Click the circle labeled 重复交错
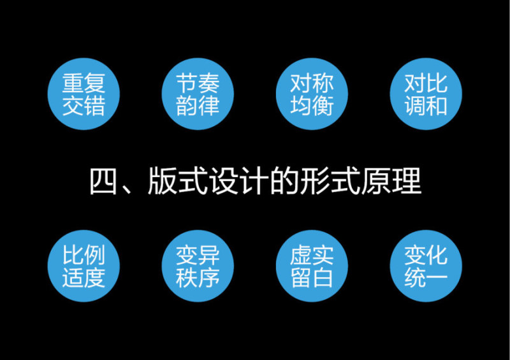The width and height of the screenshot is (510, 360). (x=84, y=94)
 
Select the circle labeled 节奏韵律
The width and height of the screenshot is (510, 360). (x=198, y=94)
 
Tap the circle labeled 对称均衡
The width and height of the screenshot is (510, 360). (x=312, y=94)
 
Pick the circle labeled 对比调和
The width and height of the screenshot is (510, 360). (x=426, y=94)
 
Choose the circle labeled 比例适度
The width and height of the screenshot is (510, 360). (x=84, y=266)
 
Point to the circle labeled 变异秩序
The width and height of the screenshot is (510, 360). (x=198, y=266)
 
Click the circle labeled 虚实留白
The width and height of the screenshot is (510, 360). (x=312, y=266)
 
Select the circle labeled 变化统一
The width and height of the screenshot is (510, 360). (x=426, y=266)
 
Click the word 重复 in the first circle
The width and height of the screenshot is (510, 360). (x=84, y=83)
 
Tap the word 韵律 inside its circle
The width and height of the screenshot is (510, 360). (x=198, y=105)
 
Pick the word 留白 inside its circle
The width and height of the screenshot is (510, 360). (x=312, y=278)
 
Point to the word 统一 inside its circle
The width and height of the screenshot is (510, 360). (x=426, y=278)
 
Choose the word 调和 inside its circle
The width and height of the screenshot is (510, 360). (x=426, y=105)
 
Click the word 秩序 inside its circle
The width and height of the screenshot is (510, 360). (x=198, y=278)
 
